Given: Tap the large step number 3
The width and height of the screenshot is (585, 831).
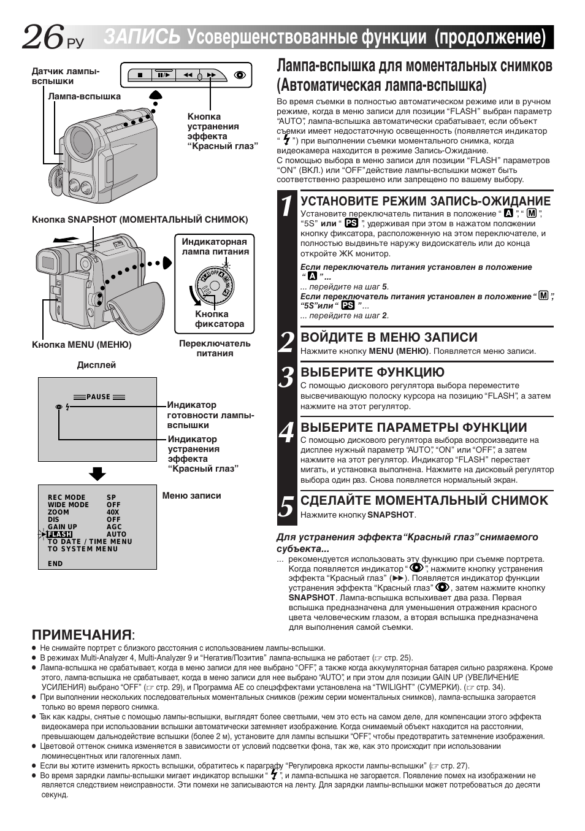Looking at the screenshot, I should pos(286,378).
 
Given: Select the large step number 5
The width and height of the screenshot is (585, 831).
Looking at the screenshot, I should pos(286,507).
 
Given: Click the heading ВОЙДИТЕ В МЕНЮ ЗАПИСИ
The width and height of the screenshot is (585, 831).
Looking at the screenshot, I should pos(389,337).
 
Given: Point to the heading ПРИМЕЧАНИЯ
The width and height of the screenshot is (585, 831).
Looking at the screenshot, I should pos(82,634).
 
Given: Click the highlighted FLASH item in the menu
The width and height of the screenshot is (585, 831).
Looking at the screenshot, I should pos(59,534).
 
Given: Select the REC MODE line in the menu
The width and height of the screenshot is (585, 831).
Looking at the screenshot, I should pos(67,497).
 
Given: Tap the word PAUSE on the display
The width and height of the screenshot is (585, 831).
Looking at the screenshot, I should pos(98,397).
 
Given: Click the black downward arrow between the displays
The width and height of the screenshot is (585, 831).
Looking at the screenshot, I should pos(97,473).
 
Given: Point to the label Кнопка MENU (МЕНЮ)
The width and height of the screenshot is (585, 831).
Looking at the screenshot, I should pos(82,345).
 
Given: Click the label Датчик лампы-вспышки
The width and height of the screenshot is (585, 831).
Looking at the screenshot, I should pos(65,76).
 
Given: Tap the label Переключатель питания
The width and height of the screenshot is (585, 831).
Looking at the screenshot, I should pos(215,348).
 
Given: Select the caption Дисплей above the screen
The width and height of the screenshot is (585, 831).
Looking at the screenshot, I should pos(96,365).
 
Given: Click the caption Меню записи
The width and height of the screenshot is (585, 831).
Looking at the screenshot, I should pos(191,496).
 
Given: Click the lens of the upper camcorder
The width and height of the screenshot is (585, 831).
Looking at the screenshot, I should pos(81,143).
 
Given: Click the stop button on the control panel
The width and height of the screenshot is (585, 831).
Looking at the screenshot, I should pos(140,75).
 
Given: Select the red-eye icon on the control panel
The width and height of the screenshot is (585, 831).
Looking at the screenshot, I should pos(240,75).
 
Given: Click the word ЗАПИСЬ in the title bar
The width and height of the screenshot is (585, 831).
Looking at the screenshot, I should pos(142,37).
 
